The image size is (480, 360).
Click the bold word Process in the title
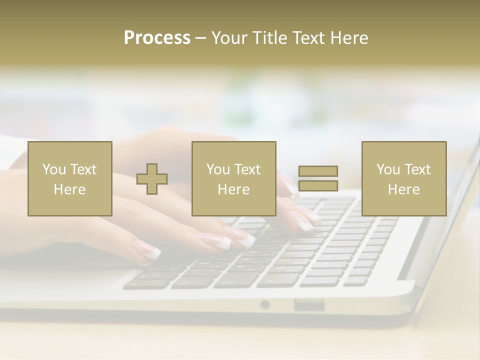(x=157, y=38)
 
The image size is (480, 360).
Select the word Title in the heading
(x=271, y=38)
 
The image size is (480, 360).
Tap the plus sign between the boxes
(x=152, y=179)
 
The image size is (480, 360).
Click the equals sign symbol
(x=318, y=178)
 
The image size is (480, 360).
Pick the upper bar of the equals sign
(x=318, y=171)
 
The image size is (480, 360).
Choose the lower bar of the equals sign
(x=318, y=186)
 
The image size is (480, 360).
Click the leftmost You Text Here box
(x=70, y=178)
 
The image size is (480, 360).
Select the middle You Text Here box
(x=234, y=178)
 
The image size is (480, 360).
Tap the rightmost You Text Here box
(x=404, y=178)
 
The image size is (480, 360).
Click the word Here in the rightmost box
(x=404, y=189)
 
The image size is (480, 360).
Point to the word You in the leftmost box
(x=53, y=169)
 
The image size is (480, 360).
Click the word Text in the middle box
(x=247, y=169)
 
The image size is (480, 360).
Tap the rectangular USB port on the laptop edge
(x=309, y=304)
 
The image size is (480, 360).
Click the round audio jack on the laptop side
(x=265, y=304)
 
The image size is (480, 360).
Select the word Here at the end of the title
(x=349, y=38)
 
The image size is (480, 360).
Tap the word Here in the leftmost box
(x=70, y=189)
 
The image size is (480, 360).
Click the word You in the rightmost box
(x=387, y=169)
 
